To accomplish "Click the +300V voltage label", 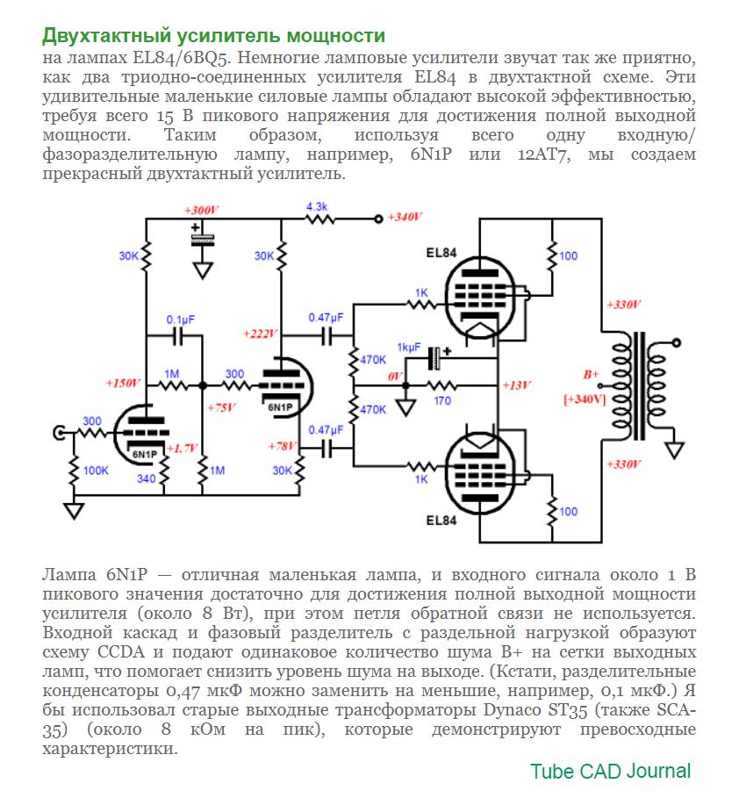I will pyautogui.click(x=202, y=211).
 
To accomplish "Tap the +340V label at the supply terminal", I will pyautogui.click(x=405, y=217).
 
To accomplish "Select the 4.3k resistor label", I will pyautogui.click(x=316, y=206).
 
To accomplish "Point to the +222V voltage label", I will pyautogui.click(x=261, y=334).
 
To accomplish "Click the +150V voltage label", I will pyautogui.click(x=123, y=384).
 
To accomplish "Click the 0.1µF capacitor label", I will pyautogui.click(x=181, y=320).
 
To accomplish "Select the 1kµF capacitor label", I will pyautogui.click(x=409, y=347).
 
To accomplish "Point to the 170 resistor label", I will pyautogui.click(x=442, y=400).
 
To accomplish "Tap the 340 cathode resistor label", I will pyautogui.click(x=147, y=478).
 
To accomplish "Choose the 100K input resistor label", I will pyautogui.click(x=95, y=471).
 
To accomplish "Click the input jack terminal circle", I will pyautogui.click(x=61, y=432).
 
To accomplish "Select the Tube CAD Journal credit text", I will pyautogui.click(x=610, y=772).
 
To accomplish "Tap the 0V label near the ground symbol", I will pyautogui.click(x=395, y=376).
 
